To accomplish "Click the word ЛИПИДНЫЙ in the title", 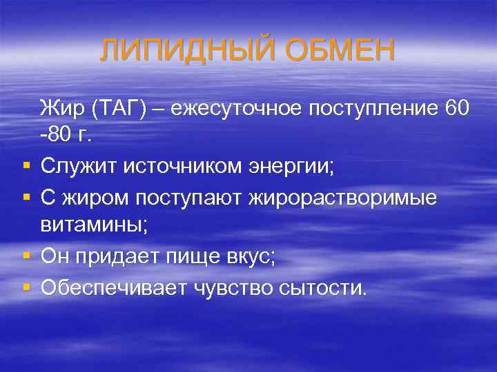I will tap(176, 50).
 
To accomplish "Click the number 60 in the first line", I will tap(456, 108).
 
